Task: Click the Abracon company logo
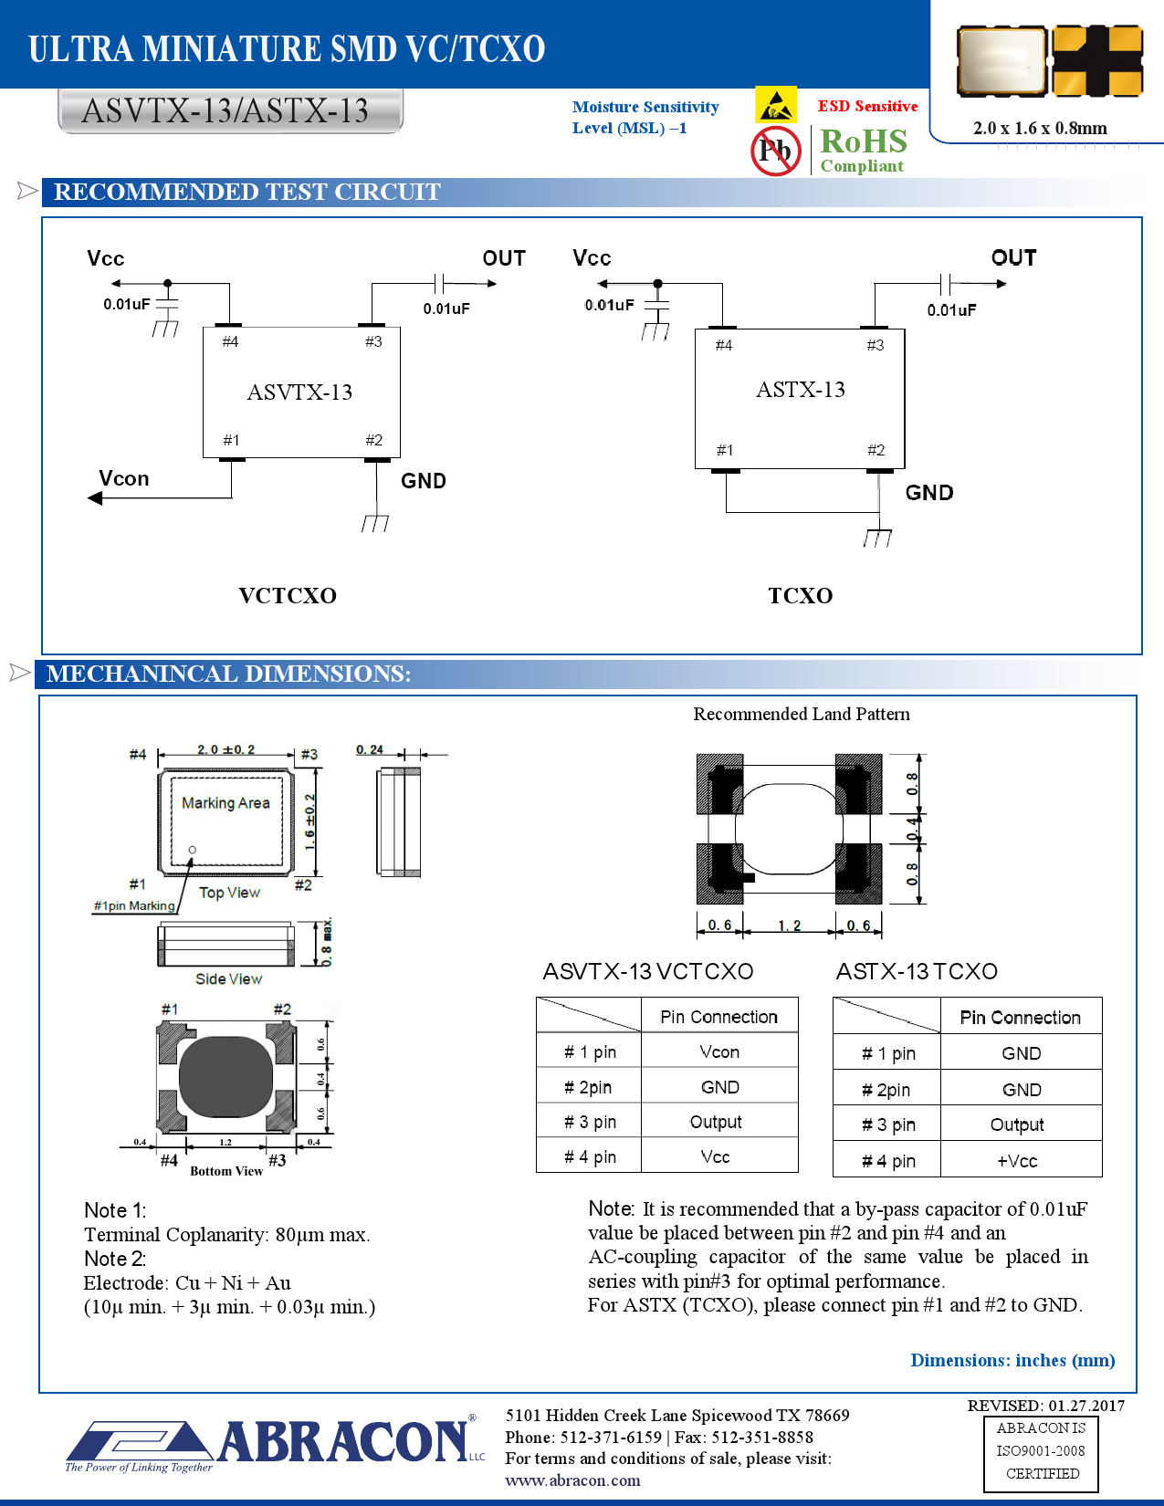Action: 274,1443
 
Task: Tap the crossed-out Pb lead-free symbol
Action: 775,151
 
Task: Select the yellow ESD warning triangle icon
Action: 776,105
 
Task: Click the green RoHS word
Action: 863,141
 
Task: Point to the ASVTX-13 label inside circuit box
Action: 299,392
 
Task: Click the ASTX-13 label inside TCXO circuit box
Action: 800,390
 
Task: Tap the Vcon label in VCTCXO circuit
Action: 124,478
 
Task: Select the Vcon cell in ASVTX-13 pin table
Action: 719,1051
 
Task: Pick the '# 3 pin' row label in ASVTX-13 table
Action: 590,1122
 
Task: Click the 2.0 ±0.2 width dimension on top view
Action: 225,749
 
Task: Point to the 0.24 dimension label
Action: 370,749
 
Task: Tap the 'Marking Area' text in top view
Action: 225,803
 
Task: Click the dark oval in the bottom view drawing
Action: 225,1077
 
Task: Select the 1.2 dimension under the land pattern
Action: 789,926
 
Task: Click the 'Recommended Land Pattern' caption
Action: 801,714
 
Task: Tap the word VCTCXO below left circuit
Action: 288,596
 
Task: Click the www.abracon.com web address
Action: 572,1480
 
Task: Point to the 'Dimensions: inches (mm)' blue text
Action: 1012,1360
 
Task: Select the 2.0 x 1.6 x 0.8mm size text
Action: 1040,128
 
